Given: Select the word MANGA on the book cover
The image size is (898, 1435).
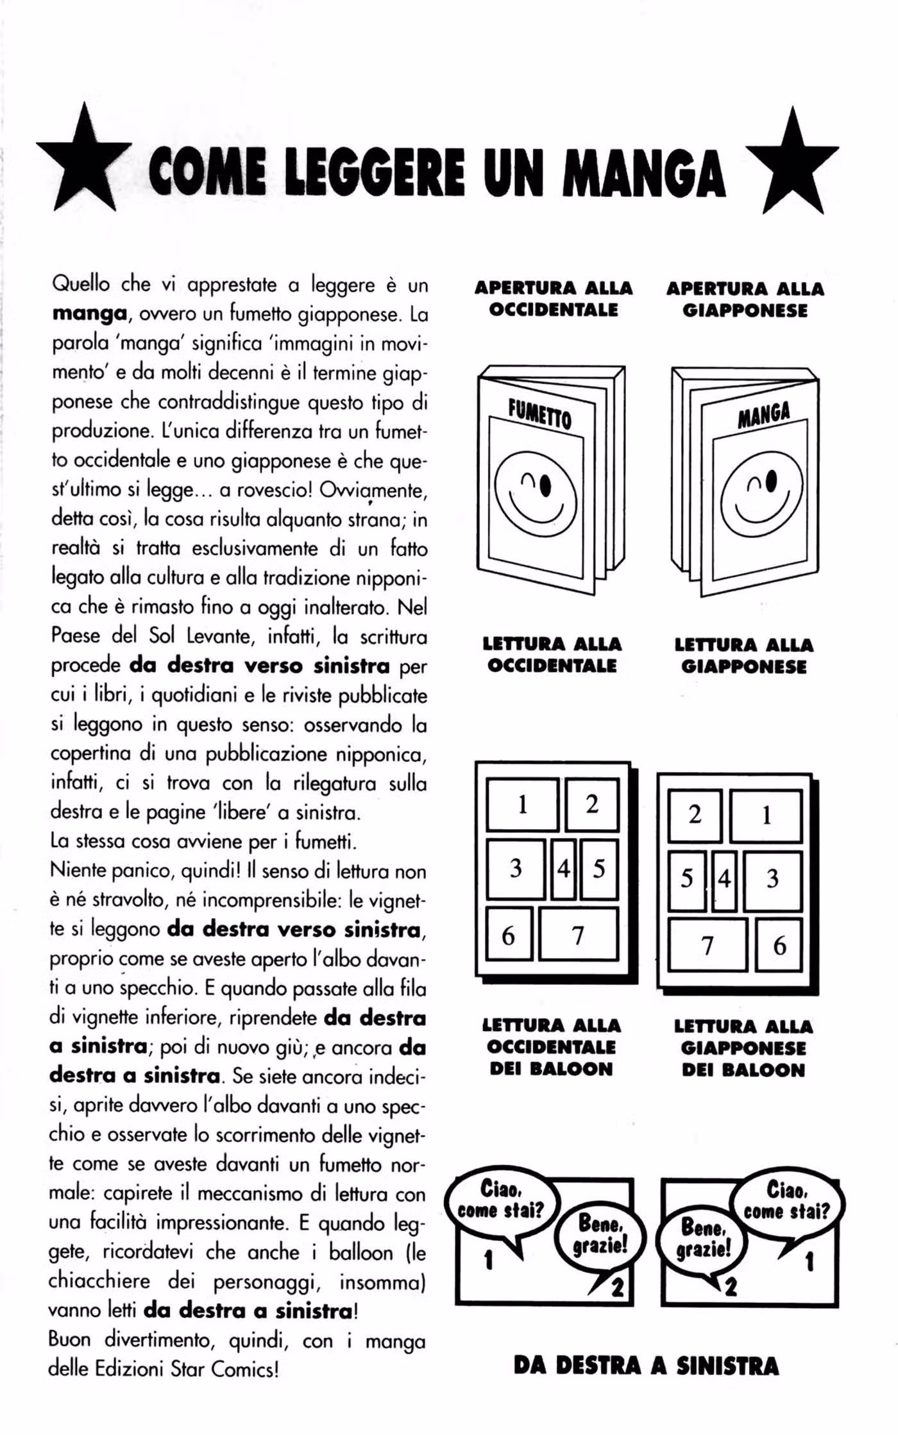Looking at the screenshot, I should pyautogui.click(x=763, y=415).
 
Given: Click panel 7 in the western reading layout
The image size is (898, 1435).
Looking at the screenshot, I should pyautogui.click(x=579, y=935).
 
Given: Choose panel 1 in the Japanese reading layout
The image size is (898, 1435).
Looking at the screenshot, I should pyautogui.click(x=766, y=816).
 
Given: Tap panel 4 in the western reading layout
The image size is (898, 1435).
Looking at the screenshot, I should pyautogui.click(x=564, y=869).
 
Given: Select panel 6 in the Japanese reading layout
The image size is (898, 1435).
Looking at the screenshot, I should pyautogui.click(x=779, y=944).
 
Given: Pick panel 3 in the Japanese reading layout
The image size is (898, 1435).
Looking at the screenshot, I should pyautogui.click(x=772, y=878).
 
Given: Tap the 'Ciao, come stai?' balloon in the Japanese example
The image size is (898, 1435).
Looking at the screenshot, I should pyautogui.click(x=786, y=1201).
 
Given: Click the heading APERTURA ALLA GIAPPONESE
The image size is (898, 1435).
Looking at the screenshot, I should pyautogui.click(x=745, y=299).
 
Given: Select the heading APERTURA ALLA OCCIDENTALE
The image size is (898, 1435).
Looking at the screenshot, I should pyautogui.click(x=554, y=299).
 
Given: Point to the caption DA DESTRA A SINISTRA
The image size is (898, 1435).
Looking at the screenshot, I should pyautogui.click(x=646, y=1366).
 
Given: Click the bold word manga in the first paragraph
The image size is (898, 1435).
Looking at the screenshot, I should pyautogui.click(x=89, y=314).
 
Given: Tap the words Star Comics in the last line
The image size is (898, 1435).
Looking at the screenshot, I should pyautogui.click(x=224, y=1369).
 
